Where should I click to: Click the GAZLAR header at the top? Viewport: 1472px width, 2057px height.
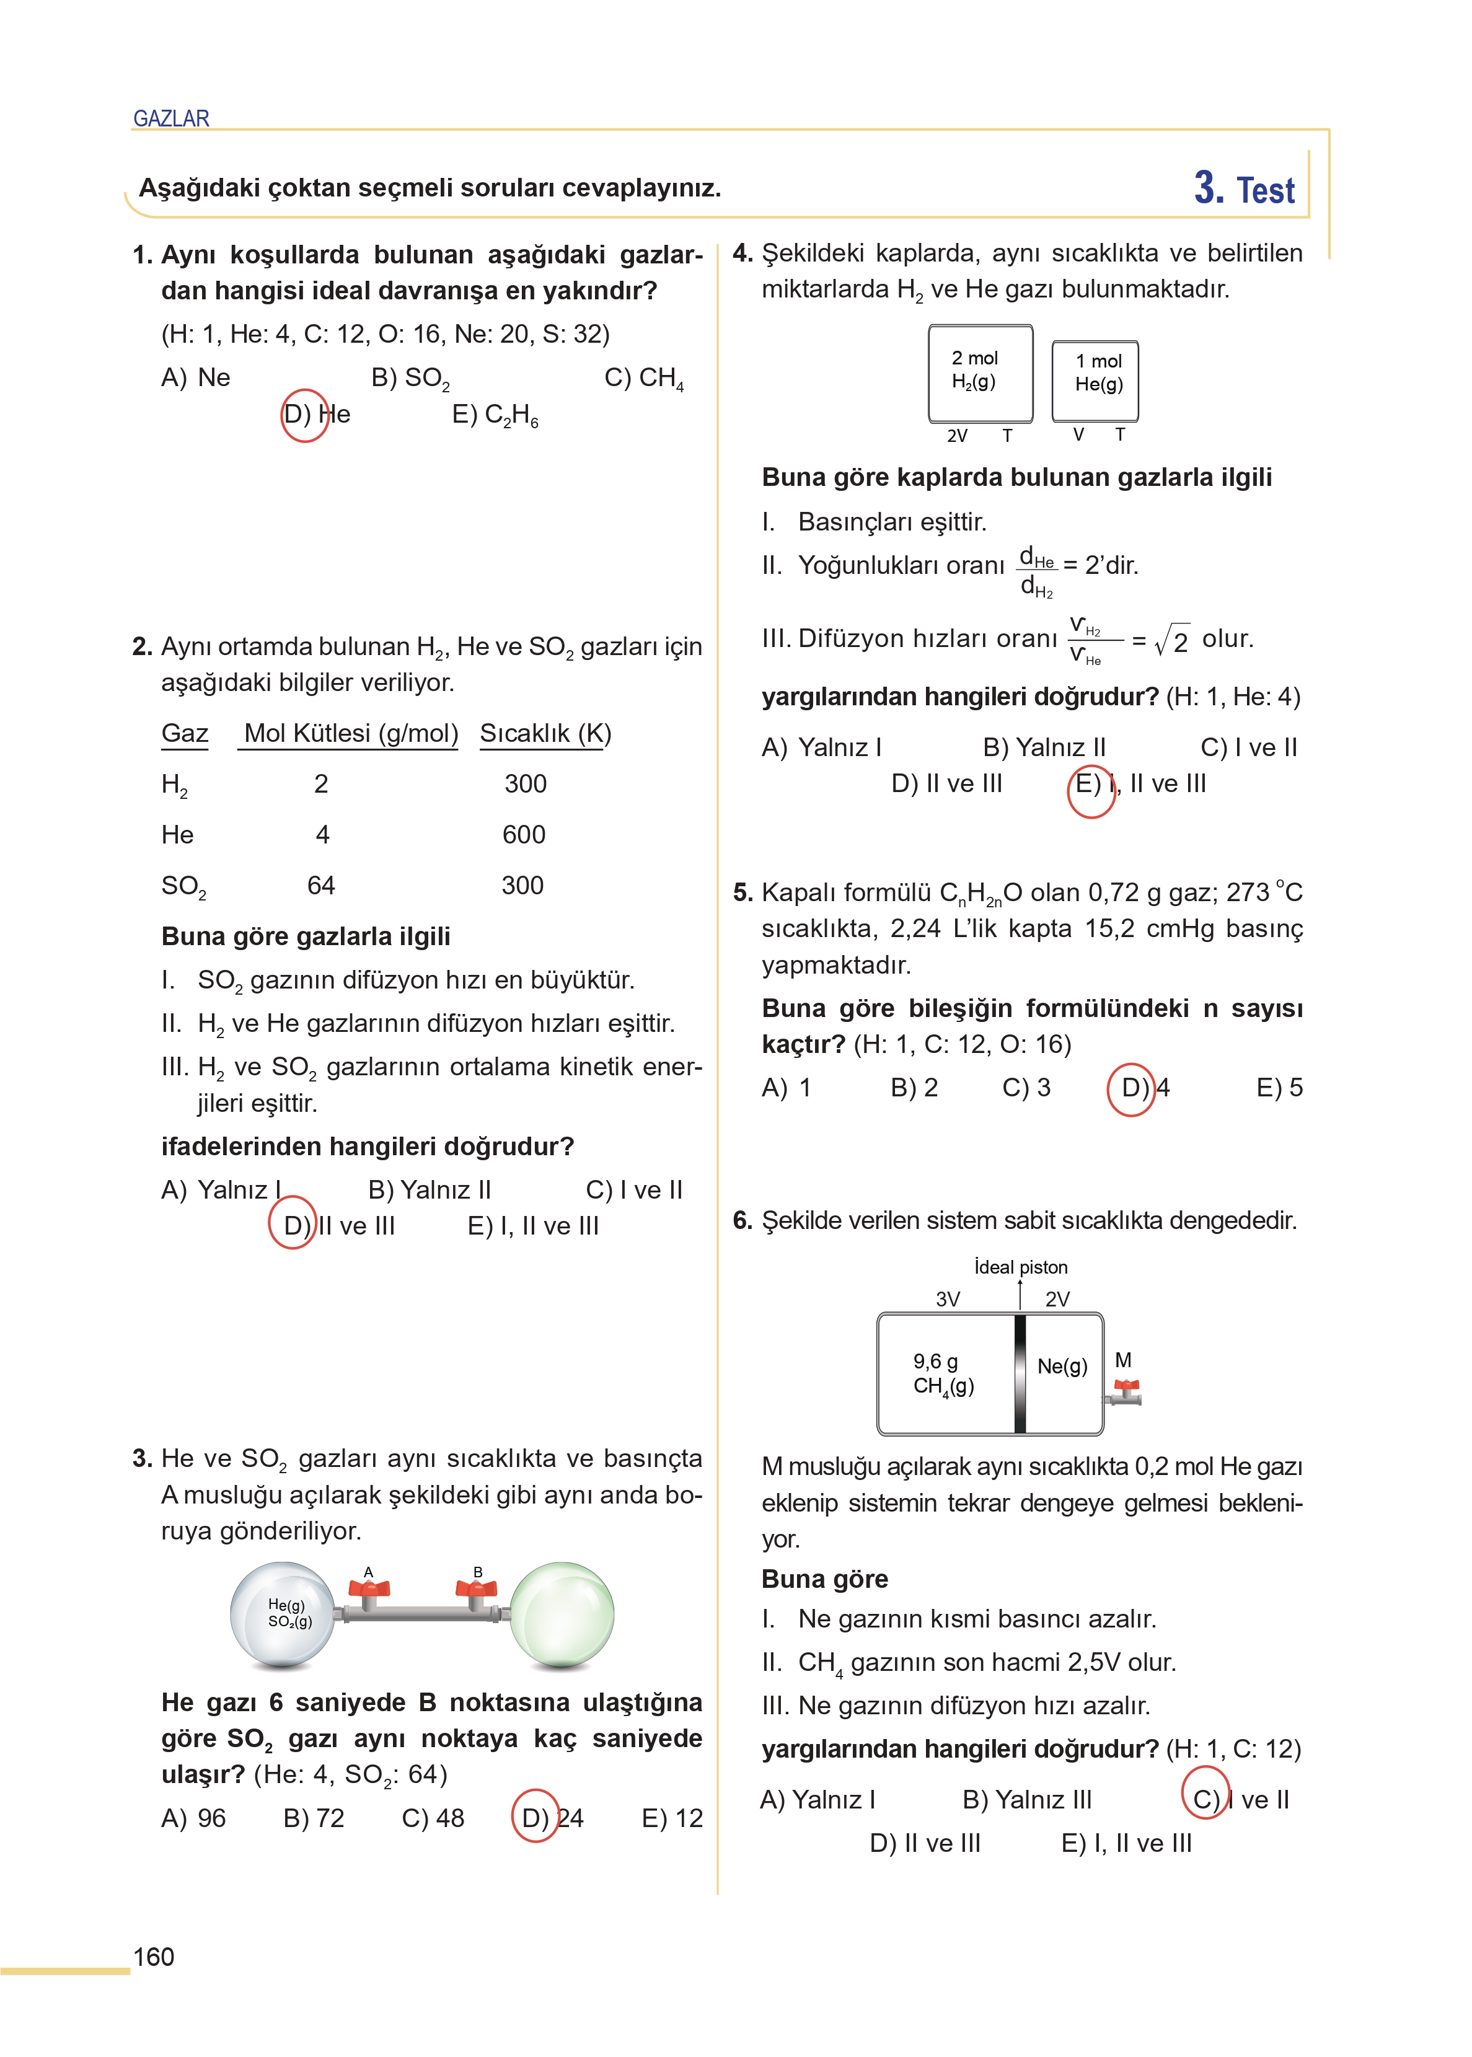point(170,119)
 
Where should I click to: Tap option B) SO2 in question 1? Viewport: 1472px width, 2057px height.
point(410,378)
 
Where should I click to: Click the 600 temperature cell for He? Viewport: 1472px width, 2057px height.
point(524,835)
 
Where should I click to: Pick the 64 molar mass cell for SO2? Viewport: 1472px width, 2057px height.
point(321,885)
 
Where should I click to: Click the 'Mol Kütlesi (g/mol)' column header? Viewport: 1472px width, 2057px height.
point(351,733)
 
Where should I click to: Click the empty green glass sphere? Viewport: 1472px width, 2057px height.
point(562,1614)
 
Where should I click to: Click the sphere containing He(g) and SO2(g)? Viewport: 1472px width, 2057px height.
point(284,1614)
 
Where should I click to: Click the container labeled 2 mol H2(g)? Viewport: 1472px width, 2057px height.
point(980,372)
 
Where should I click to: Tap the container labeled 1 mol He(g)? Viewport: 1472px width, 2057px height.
point(1095,380)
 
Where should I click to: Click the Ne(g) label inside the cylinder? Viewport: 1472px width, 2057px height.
point(1062,1365)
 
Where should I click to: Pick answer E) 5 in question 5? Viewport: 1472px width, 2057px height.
point(1279,1088)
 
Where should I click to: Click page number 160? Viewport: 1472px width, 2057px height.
point(154,1957)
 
